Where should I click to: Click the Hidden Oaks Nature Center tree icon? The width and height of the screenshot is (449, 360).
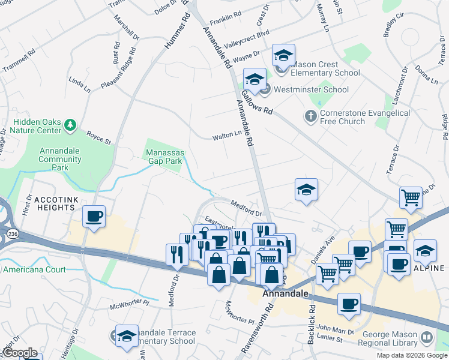(71, 125)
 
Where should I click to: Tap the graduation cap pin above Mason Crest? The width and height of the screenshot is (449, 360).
(283, 56)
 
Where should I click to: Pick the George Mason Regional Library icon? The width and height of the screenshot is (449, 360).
(427, 338)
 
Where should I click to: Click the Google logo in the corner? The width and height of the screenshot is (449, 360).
(20, 353)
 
